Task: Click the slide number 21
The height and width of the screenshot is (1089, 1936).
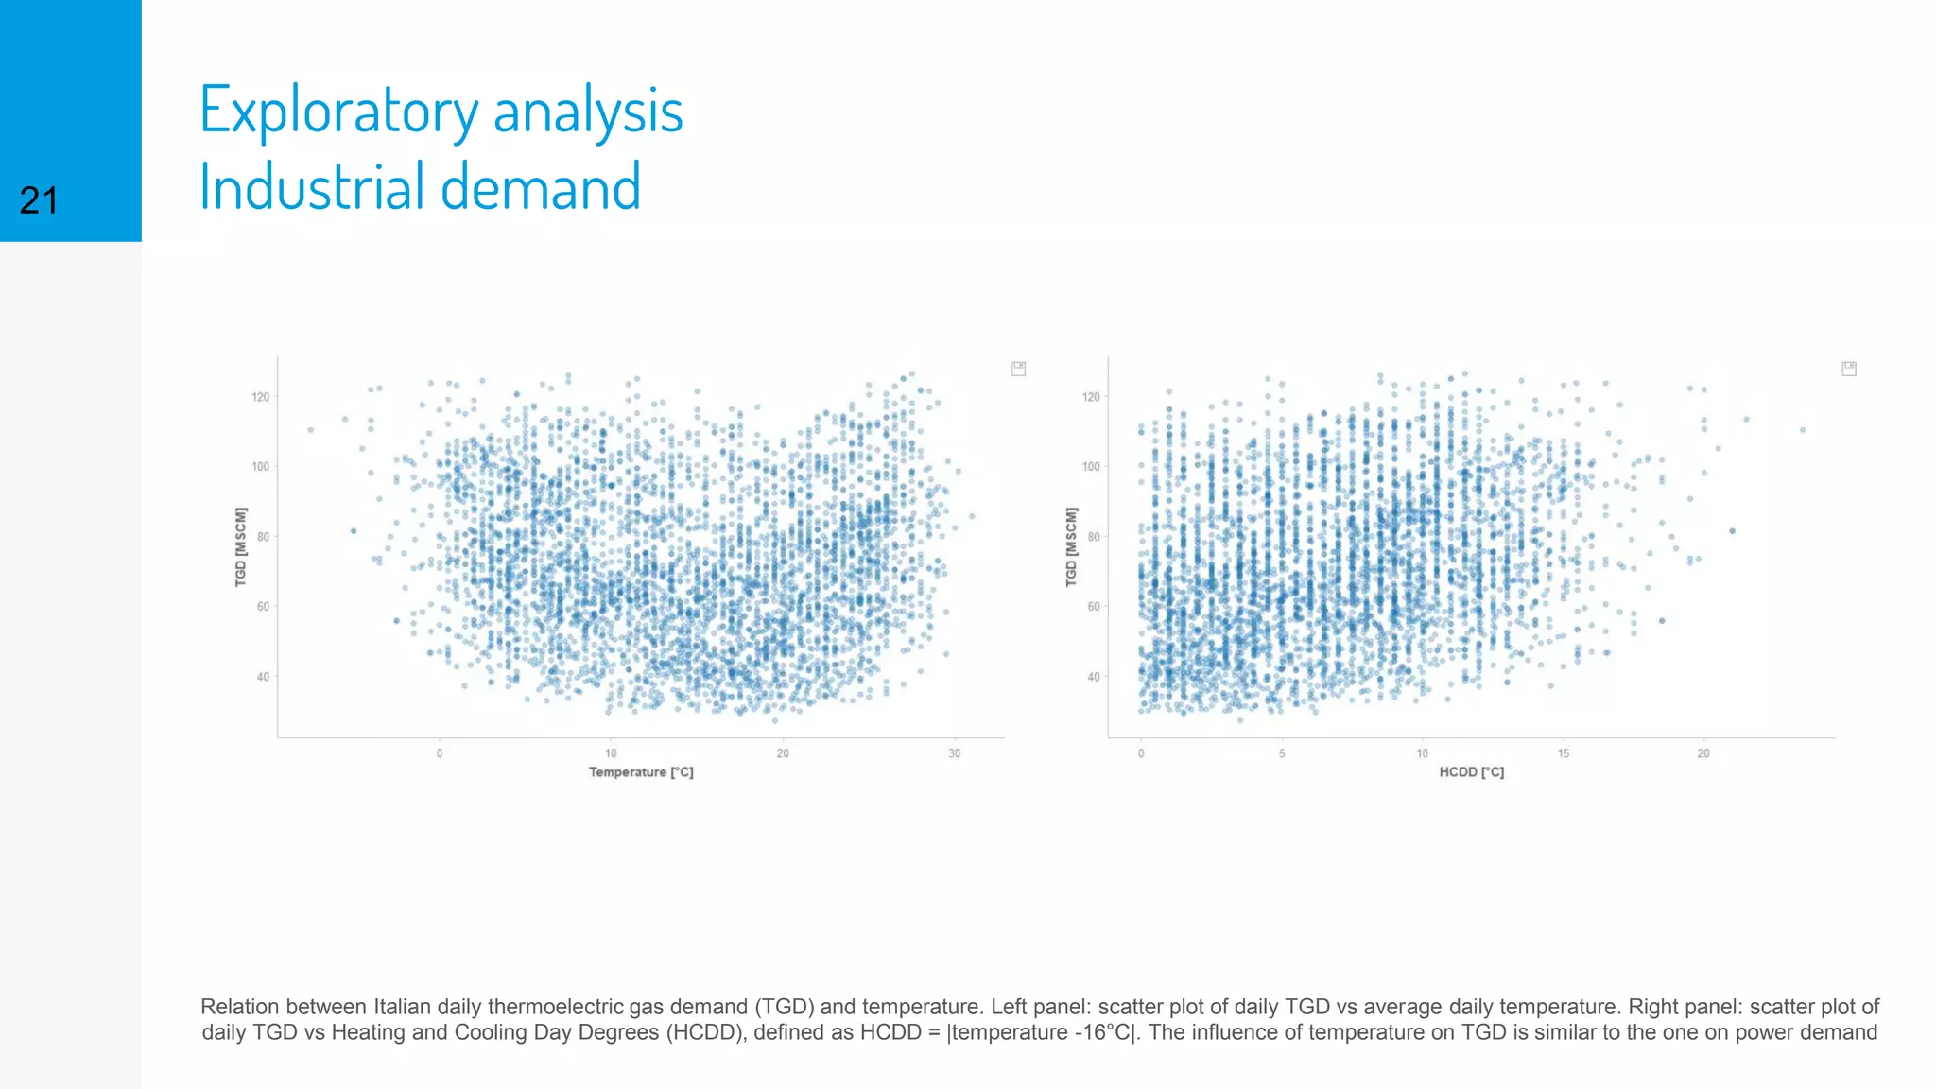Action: (39, 200)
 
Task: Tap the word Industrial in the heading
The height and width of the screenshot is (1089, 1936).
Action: (311, 186)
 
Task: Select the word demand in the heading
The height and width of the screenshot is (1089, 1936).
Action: (541, 186)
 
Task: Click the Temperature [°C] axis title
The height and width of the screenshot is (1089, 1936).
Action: (641, 772)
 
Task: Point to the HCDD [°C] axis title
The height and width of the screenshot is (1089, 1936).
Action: (1471, 772)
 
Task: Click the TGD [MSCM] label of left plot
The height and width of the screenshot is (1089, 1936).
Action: (241, 546)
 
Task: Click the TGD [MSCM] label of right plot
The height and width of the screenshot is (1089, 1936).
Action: (1071, 546)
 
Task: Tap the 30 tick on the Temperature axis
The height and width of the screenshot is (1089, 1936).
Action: (955, 753)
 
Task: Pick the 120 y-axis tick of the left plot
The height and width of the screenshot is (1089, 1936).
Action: (260, 397)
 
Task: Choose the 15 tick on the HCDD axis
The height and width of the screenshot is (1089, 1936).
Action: (1564, 753)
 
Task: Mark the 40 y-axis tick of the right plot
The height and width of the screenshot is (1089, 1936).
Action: (1093, 677)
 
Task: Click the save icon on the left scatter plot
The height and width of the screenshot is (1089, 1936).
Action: (1018, 369)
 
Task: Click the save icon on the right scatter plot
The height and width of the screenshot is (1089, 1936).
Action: (1849, 369)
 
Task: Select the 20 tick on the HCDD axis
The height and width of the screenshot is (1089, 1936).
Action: (1703, 753)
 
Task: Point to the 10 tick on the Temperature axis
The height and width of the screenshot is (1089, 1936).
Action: (612, 753)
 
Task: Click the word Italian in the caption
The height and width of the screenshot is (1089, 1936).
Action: (404, 1007)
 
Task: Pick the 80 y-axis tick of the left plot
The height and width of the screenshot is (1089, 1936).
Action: (263, 537)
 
